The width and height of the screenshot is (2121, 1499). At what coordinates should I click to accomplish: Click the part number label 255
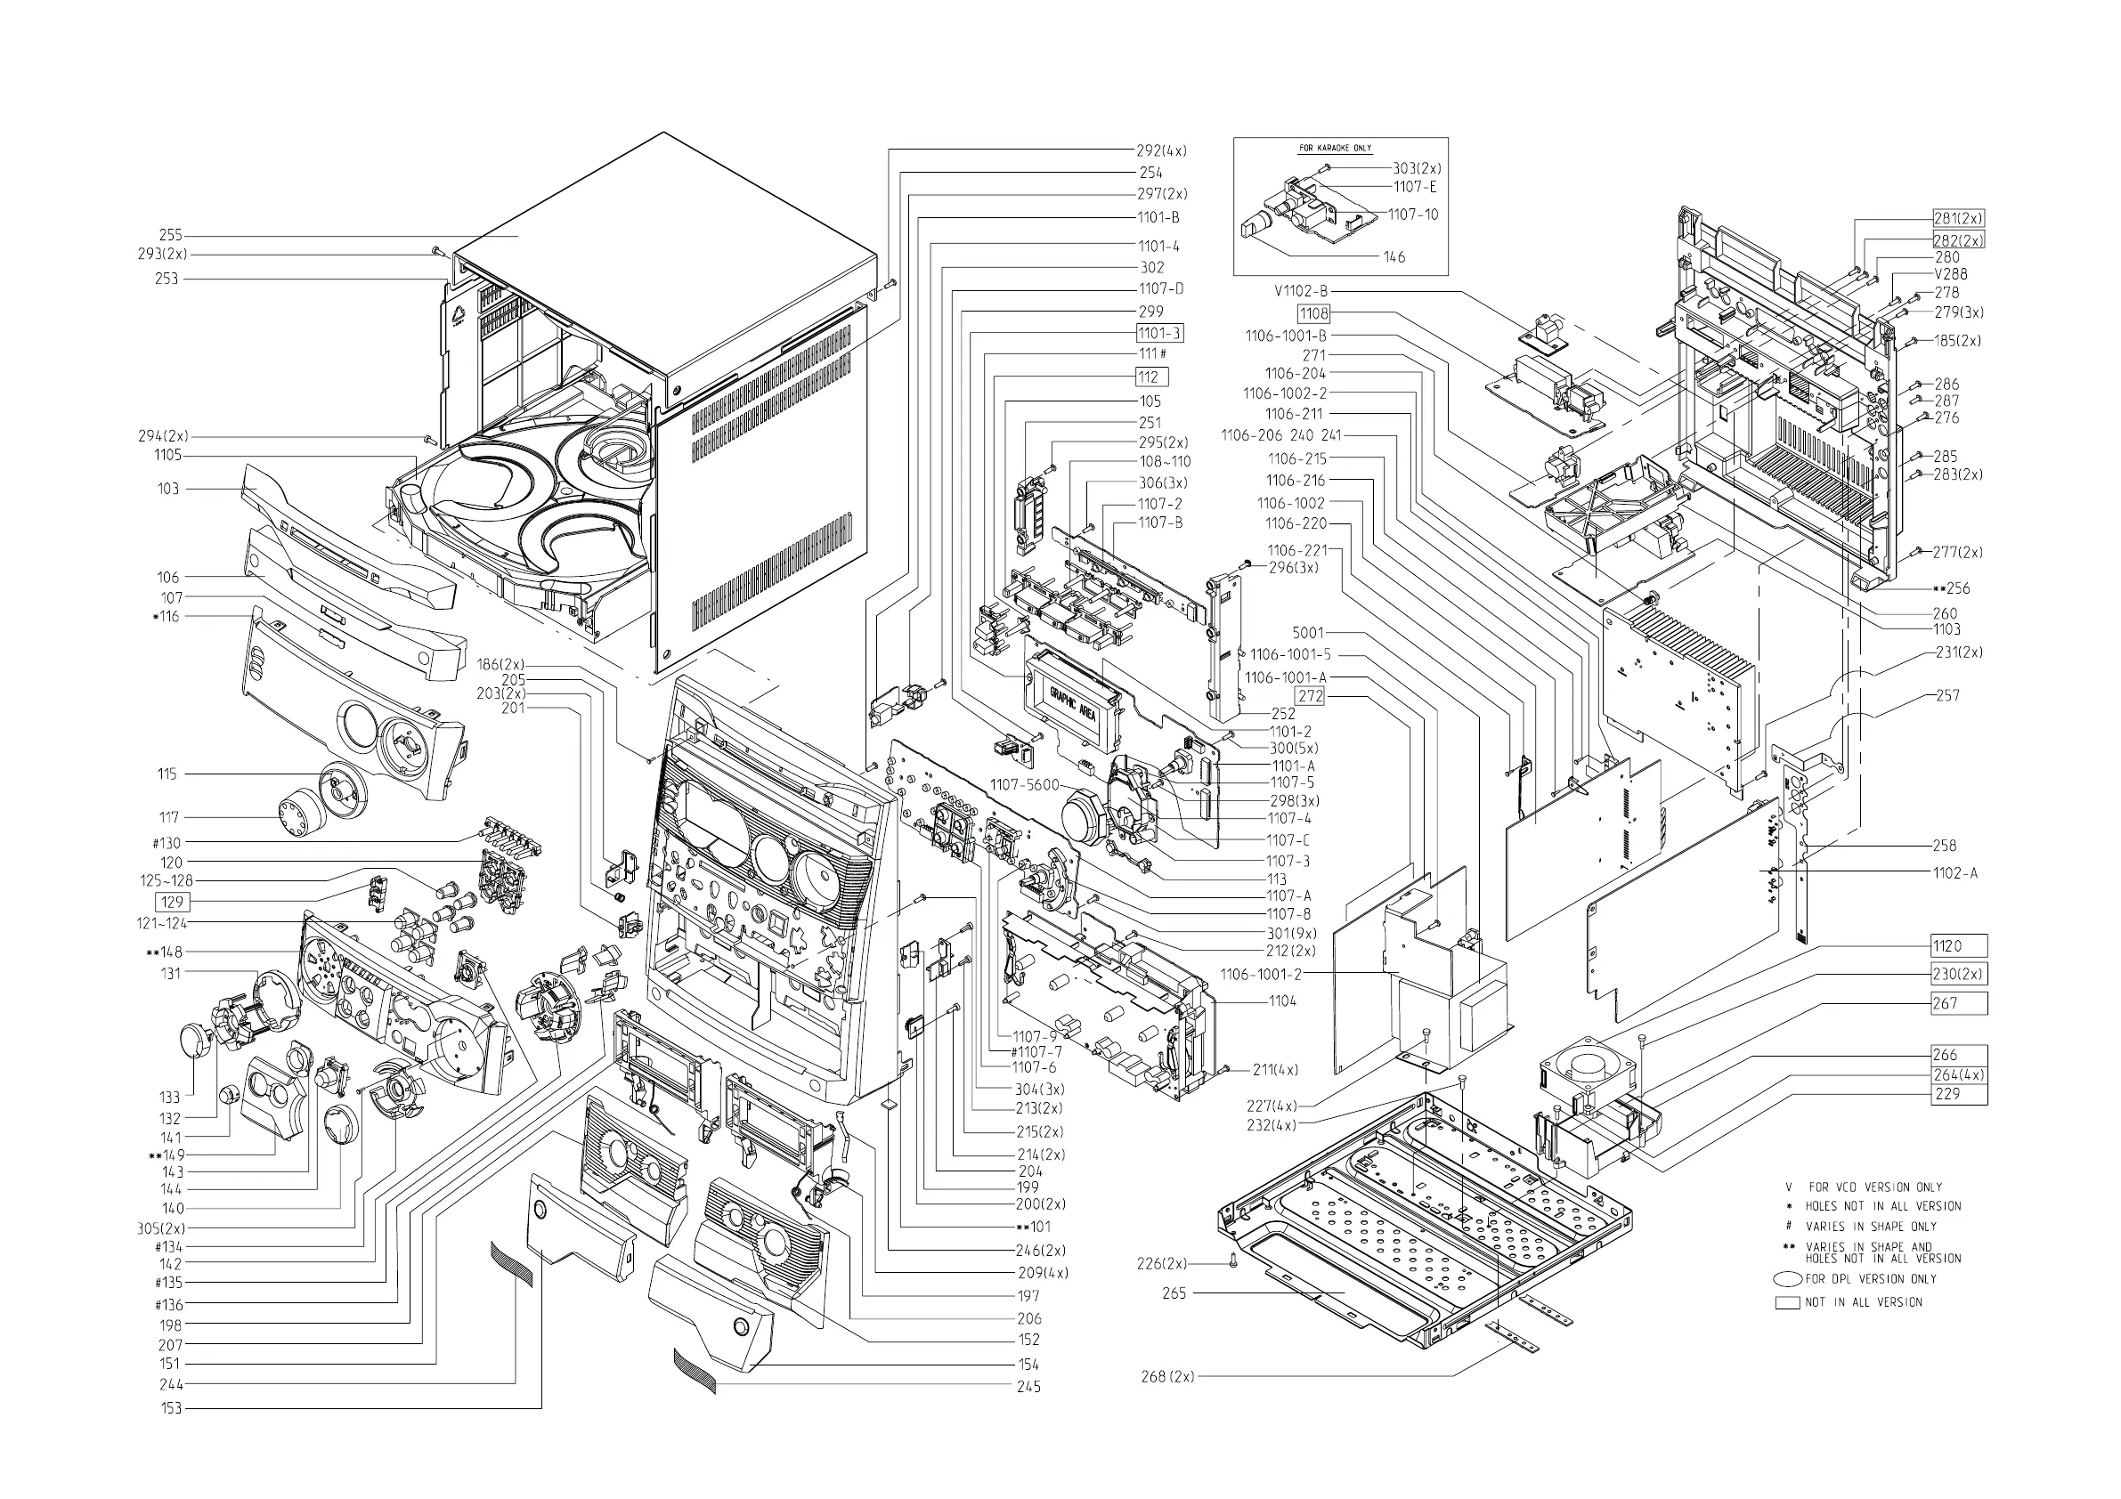170,236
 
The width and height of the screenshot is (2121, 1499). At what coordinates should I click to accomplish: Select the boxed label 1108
1312,314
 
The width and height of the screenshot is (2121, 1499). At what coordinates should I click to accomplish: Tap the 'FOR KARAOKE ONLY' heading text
1335,148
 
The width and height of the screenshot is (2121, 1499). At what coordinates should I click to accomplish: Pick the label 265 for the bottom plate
1174,1294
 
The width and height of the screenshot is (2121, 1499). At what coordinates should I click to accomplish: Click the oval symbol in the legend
1787,1280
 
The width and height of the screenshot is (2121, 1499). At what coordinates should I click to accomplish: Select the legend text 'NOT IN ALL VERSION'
1864,1302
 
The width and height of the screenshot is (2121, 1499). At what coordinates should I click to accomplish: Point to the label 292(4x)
1161,150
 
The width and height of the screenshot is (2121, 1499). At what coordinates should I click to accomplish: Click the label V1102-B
1301,291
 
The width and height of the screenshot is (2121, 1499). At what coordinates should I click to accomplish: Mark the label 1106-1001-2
1261,975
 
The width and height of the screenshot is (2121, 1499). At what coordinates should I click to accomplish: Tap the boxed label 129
172,902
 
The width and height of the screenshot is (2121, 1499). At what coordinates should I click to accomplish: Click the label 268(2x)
1167,1377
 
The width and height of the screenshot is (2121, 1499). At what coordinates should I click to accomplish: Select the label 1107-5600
1025,785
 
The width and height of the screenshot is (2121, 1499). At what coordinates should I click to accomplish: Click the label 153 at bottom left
171,1408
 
